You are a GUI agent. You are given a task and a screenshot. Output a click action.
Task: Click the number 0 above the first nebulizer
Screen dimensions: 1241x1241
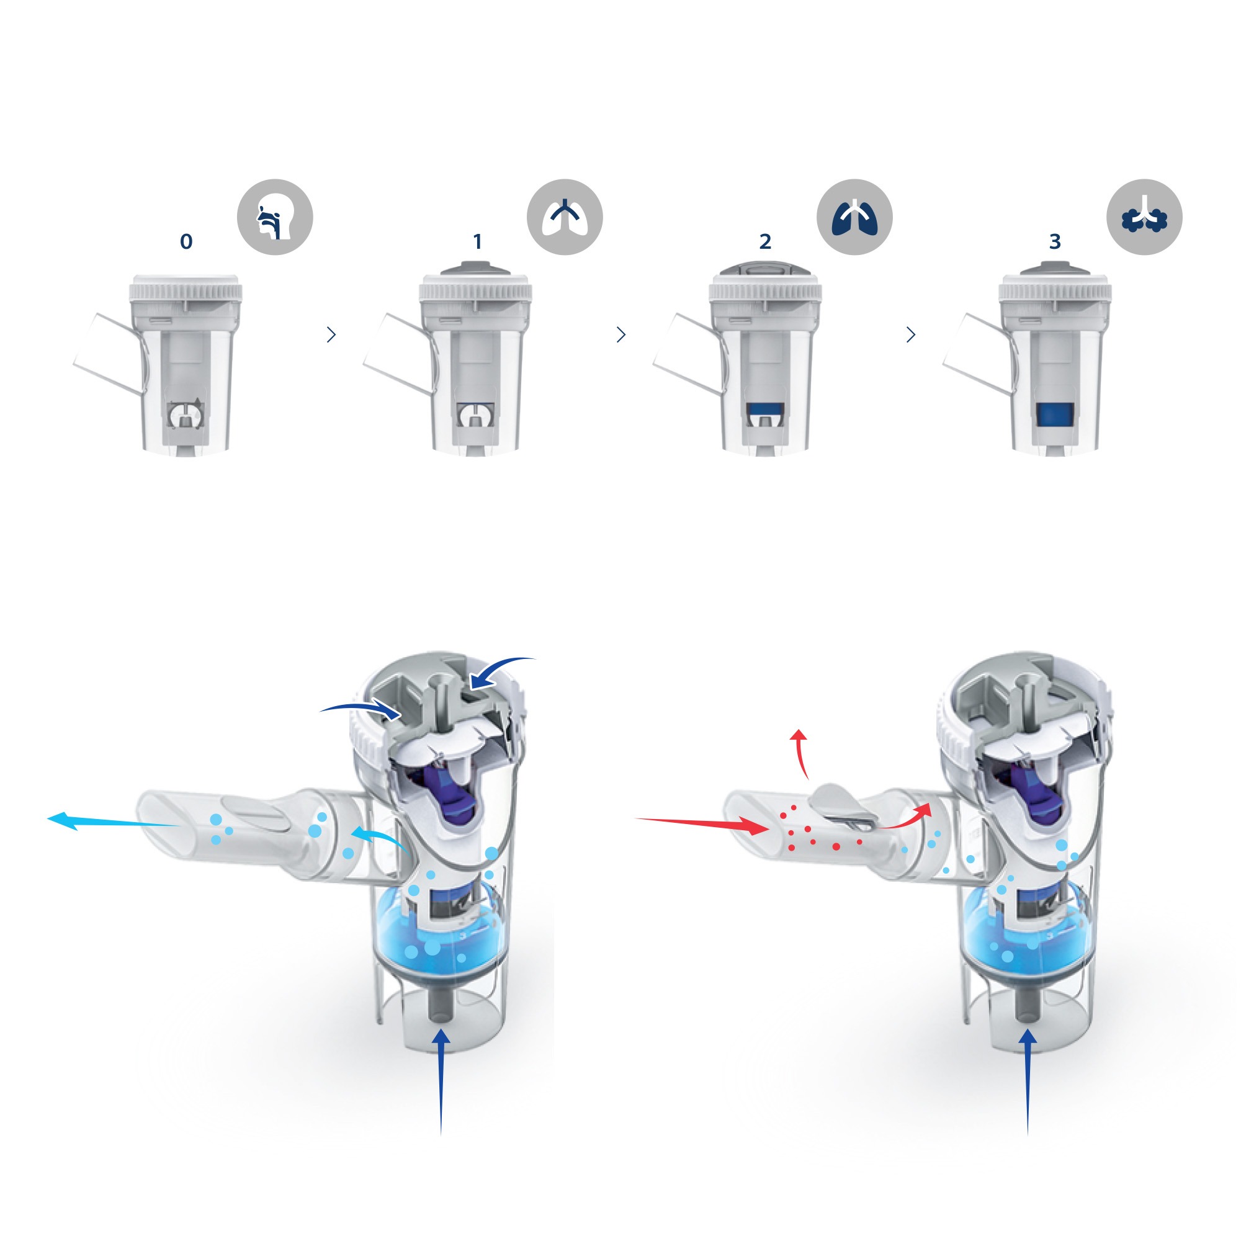186,241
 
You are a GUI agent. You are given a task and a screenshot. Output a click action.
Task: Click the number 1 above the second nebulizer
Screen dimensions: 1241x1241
477,241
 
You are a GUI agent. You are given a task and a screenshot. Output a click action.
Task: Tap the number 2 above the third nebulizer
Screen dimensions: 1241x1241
765,241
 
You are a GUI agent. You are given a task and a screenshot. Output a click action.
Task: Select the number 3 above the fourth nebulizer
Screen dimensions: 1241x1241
1055,241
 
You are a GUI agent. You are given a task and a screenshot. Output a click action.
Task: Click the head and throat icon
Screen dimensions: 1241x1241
275,217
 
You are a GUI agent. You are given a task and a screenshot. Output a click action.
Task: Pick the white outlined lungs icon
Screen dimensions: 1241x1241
565,217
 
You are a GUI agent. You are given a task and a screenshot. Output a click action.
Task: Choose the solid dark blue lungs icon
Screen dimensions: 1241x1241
854,217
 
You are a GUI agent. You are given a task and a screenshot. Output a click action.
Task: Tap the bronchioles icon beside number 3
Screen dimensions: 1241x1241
1144,217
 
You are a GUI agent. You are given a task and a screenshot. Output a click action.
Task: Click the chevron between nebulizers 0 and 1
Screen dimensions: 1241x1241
331,334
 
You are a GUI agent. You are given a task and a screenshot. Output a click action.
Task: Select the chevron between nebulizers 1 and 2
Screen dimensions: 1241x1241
620,334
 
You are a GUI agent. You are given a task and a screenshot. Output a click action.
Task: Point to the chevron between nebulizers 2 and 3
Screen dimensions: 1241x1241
910,334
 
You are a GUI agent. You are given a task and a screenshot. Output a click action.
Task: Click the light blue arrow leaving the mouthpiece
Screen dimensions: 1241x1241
114,822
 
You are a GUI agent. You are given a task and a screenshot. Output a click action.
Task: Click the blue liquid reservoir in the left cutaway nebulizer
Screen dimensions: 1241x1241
437,932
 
